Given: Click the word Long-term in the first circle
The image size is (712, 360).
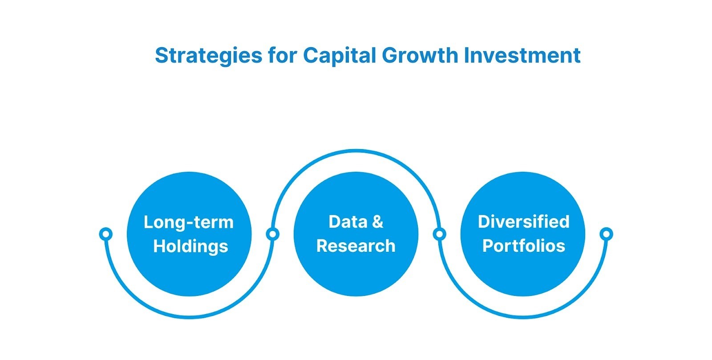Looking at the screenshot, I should [x=188, y=222].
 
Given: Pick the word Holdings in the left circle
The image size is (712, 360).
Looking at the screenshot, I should [x=190, y=246].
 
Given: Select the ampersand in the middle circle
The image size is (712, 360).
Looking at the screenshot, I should [x=377, y=222].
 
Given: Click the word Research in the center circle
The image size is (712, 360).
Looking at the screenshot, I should [x=356, y=246].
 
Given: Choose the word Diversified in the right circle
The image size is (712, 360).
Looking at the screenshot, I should [x=523, y=222].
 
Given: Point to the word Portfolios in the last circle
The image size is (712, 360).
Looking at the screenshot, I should [x=523, y=246].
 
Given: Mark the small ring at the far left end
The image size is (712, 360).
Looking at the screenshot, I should [x=105, y=234].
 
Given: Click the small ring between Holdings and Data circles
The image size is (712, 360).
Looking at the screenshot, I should [x=272, y=234].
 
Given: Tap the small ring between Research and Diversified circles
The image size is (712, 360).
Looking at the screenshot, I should [x=439, y=234].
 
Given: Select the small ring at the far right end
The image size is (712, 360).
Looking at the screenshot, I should [x=606, y=234].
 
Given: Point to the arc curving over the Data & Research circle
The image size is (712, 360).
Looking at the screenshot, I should [x=356, y=151].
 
